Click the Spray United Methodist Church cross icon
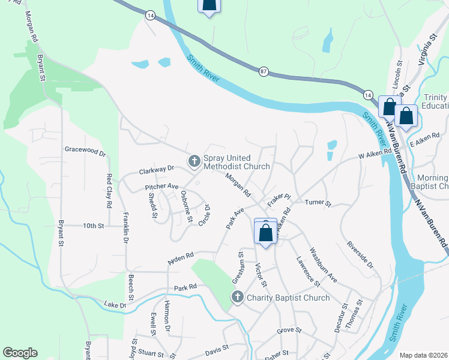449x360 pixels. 194,161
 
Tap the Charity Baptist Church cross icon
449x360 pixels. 237,297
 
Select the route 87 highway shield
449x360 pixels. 264,71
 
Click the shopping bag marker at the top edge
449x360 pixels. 208,6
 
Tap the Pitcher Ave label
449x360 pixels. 162,187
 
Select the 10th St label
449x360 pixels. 94,226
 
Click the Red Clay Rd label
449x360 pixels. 109,191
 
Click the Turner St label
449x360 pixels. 318,203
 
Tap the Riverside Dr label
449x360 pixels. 360,256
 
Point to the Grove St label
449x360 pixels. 289,331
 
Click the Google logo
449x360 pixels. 20,353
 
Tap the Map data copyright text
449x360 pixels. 424,355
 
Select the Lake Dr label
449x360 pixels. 115,305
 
